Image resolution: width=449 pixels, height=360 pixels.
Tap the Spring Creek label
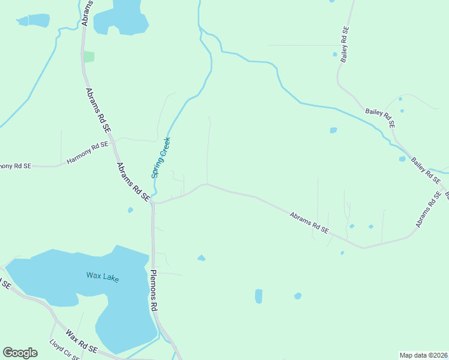pos(161,158)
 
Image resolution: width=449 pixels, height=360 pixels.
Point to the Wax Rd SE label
pos(82,341)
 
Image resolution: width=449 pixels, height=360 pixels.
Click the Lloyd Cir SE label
pos(64,350)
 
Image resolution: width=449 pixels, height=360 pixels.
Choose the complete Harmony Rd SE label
pos(88,154)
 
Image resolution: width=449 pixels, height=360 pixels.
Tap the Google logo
pos(20,353)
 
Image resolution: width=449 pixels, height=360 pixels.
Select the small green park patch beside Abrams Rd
pos(89,56)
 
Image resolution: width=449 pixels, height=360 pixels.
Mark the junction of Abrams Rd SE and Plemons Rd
pos(153,203)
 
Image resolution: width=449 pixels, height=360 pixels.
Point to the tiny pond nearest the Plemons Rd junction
pos(130,210)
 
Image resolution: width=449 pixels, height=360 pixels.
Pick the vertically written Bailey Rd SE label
pos(345,44)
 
